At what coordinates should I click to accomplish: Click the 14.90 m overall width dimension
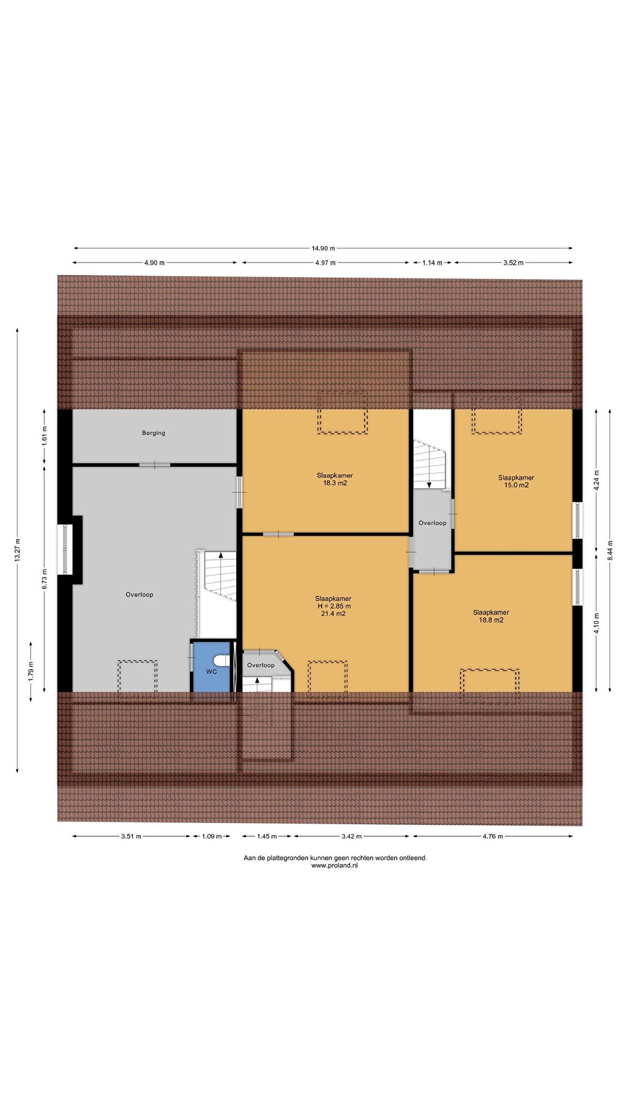[x=323, y=248]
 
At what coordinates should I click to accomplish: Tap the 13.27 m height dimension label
[x=17, y=550]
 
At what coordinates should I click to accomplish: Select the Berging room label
[x=153, y=433]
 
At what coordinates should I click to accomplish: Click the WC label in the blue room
[x=211, y=672]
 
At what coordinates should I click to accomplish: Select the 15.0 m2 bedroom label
[x=516, y=481]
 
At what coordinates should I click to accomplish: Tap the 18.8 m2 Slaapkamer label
[x=491, y=616]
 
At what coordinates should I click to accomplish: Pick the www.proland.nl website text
[x=335, y=865]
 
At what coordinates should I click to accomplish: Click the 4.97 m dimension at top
[x=325, y=262]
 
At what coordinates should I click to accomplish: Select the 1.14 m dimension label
[x=432, y=262]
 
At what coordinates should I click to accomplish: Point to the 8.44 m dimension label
[x=610, y=550]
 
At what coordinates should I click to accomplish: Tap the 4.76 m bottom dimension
[x=493, y=836]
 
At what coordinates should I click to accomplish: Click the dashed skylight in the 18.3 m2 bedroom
[x=342, y=412]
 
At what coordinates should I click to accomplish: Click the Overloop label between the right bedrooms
[x=432, y=523]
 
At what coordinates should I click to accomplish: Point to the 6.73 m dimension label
[x=45, y=578]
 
